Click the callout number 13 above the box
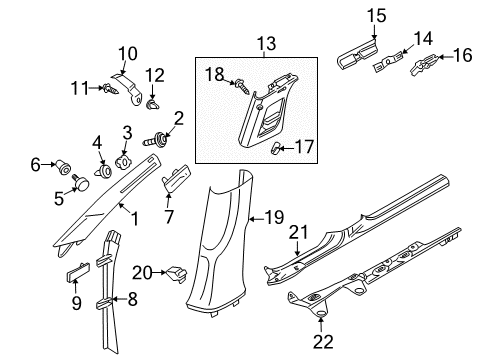point(267,44)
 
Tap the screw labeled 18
point(243,86)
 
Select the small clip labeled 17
point(275,148)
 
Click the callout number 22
point(323,341)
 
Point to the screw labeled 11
point(111,89)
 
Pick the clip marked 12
point(152,104)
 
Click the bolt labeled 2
point(156,139)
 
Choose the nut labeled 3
point(124,162)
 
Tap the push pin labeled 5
point(81,180)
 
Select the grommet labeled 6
point(63,166)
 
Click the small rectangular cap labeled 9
point(78,272)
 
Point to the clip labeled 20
point(176,274)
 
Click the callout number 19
point(274,218)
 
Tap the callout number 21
point(298,232)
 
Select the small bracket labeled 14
point(387,63)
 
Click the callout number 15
point(377,16)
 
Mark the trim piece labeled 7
point(177,178)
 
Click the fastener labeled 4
point(103,171)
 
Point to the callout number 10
point(127,54)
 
